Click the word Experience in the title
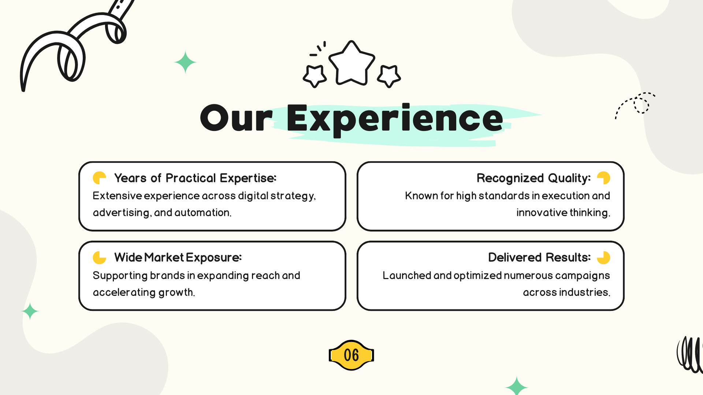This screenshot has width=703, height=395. click(x=395, y=119)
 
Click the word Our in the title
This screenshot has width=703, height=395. click(x=237, y=118)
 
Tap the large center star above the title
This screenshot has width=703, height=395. click(x=351, y=63)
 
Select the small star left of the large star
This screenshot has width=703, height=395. click(x=315, y=76)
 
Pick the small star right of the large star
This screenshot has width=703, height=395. click(x=389, y=76)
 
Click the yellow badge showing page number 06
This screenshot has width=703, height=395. click(x=351, y=355)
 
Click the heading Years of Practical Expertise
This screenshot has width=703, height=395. click(x=195, y=178)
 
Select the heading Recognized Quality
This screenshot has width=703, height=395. click(x=533, y=178)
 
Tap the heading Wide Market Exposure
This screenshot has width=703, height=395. click(x=178, y=257)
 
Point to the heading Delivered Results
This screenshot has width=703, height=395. click(x=539, y=257)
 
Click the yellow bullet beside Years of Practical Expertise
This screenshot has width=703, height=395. click(x=99, y=178)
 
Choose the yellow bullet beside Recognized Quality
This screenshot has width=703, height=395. click(x=604, y=178)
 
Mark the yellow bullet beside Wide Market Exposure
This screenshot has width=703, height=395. click(x=99, y=257)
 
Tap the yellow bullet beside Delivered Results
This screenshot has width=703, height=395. click(x=604, y=257)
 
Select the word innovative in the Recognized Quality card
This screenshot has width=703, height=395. click(x=542, y=212)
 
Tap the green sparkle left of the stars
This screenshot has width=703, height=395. click(x=185, y=62)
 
